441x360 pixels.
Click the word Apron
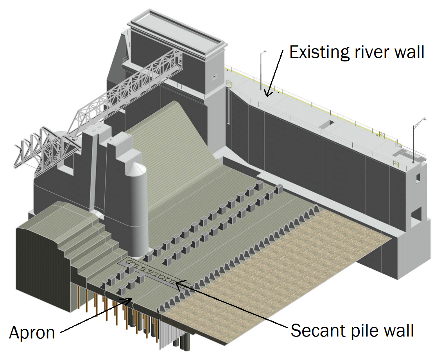(x=32, y=333)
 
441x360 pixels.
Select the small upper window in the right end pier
(x=418, y=177)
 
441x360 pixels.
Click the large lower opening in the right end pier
(x=416, y=214)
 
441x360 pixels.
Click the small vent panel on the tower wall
(x=213, y=77)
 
